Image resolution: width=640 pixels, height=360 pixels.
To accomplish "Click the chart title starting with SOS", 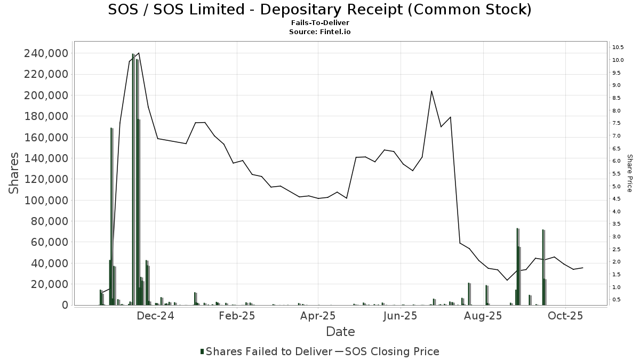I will pyautogui.click(x=319, y=10).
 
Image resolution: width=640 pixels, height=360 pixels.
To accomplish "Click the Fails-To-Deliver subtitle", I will pyautogui.click(x=319, y=23).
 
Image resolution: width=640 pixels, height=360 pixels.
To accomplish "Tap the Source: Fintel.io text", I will pyautogui.click(x=319, y=32).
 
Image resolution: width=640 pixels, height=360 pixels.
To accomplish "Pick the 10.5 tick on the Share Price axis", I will pyautogui.click(x=618, y=47).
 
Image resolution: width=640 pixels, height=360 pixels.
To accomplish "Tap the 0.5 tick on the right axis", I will pyautogui.click(x=617, y=300).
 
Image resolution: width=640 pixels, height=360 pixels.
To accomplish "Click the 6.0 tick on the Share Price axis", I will pyautogui.click(x=617, y=161).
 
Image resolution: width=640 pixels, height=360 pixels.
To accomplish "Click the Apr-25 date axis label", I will pyautogui.click(x=318, y=316).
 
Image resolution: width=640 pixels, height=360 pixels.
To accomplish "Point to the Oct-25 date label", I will pyautogui.click(x=566, y=316).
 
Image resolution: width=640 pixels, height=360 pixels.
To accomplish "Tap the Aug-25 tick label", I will pyautogui.click(x=484, y=316).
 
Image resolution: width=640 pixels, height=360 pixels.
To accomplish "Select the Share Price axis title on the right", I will pyautogui.click(x=629, y=173).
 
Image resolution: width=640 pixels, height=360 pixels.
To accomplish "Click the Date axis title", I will pyautogui.click(x=340, y=332).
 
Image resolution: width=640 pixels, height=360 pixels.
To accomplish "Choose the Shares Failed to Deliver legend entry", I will pyautogui.click(x=265, y=351).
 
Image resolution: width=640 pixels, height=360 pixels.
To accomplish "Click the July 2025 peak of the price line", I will pyautogui.click(x=431, y=91).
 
